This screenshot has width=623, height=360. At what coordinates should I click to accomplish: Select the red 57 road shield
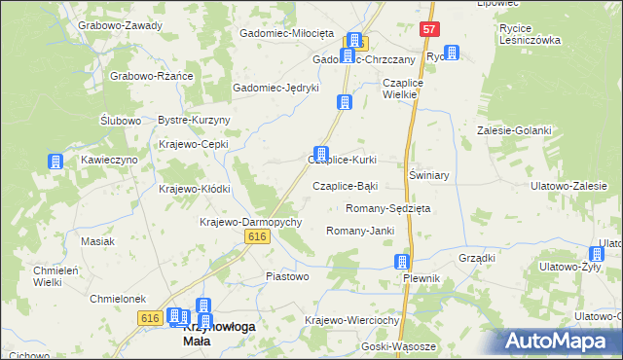429,30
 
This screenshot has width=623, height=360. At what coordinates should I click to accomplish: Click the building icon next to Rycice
451,54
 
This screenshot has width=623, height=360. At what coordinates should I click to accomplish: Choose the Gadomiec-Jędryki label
275,88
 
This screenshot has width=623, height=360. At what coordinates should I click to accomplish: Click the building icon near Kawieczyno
55,162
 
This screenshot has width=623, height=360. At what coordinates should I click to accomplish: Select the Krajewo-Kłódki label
194,189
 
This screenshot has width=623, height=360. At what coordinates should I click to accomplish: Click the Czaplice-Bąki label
345,185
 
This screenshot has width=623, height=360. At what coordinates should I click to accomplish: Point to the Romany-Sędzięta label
388,208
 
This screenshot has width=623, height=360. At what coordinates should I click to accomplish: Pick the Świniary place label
428,175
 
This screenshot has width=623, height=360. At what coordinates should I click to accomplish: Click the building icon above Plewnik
401,262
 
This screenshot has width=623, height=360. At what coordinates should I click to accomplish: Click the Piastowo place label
287,276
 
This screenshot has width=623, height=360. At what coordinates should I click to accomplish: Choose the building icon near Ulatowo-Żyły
597,254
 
